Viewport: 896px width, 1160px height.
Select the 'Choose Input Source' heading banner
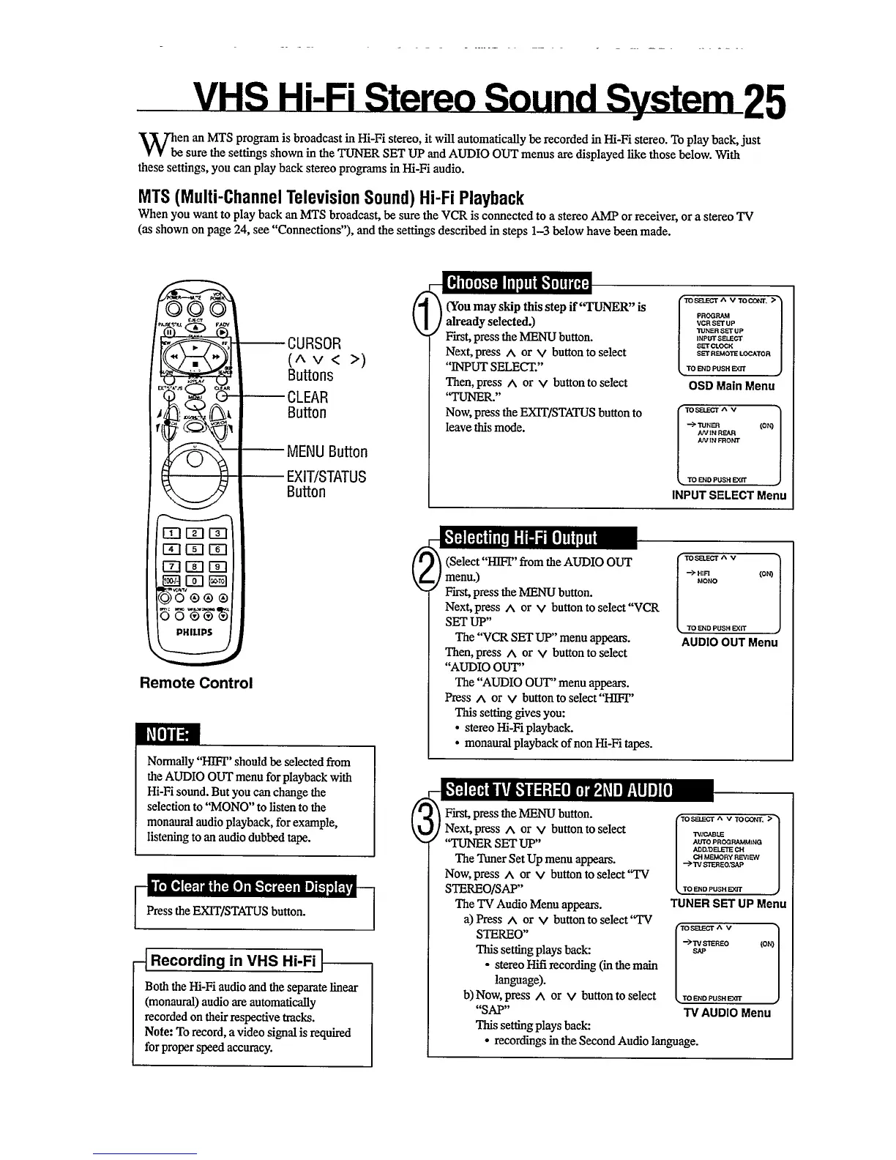point(518,283)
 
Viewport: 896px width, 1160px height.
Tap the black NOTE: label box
point(168,734)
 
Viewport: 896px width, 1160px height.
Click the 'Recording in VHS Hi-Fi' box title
point(234,961)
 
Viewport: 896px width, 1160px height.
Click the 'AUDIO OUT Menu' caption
point(729,642)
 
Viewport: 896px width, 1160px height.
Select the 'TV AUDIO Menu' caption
point(726,1013)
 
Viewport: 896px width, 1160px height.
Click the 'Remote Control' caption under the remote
point(196,683)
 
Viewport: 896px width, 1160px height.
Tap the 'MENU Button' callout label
point(327,452)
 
